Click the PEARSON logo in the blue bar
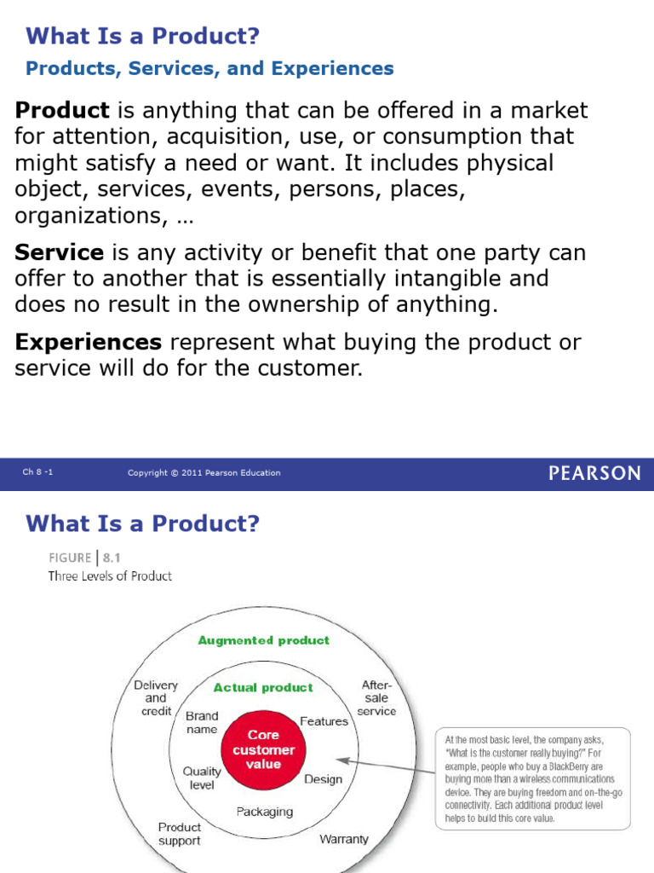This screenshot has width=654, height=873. coord(594,473)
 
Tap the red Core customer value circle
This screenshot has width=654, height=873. coord(263,749)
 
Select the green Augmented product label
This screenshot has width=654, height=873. coord(263,640)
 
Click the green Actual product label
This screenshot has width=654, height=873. coord(263,687)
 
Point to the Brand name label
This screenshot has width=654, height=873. coord(202,722)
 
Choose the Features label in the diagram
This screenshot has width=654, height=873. coord(324,721)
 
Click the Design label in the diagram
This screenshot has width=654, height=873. coord(323,778)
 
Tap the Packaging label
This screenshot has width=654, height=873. coord(264,811)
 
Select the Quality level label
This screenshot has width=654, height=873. coord(202,778)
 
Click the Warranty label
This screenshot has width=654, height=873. coord(344,839)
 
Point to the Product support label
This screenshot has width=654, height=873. coord(180,834)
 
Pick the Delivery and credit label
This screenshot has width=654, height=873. coord(156,697)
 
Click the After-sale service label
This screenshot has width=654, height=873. coord(376,697)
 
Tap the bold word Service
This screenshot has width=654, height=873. coord(60,253)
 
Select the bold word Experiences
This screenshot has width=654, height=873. coord(89,343)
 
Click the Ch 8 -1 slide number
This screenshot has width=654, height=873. coord(38,473)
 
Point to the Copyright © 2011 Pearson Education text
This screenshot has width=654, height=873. coord(204,473)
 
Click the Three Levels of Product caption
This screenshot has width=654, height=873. coord(109,576)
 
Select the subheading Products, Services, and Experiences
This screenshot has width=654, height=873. coord(209,69)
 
